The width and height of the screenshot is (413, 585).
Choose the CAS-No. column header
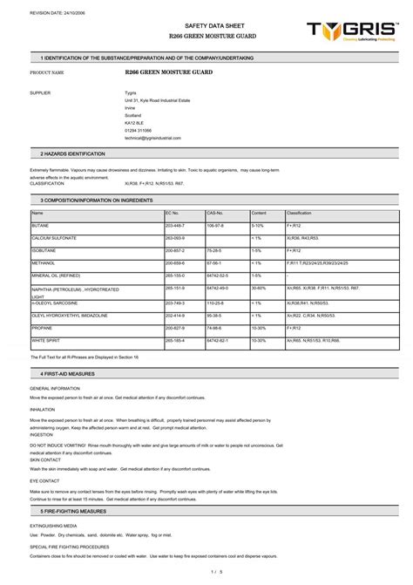(215, 213)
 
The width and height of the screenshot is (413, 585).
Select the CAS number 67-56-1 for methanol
(213, 262)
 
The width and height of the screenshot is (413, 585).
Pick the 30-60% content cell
(259, 287)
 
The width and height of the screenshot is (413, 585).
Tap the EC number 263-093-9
(175, 237)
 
